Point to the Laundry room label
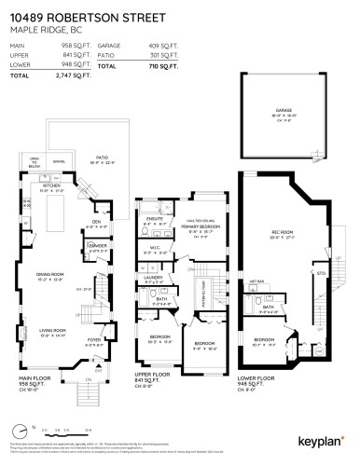click(154, 277)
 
